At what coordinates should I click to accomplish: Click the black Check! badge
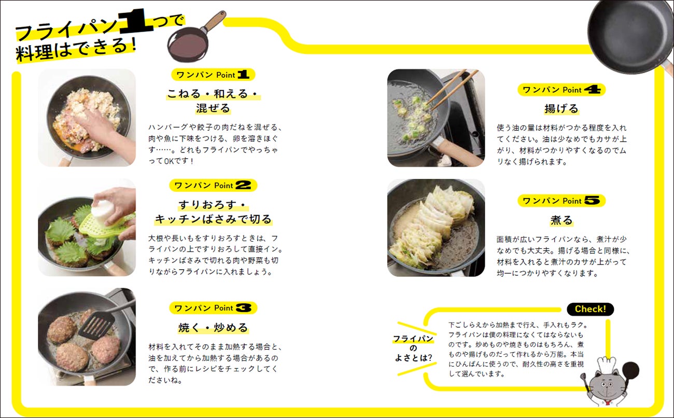click(590, 309)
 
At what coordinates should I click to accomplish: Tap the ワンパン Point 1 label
click(213, 75)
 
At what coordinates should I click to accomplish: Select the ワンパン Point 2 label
click(213, 185)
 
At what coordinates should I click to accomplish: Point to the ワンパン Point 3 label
click(213, 308)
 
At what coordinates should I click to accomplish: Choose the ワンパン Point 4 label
click(561, 90)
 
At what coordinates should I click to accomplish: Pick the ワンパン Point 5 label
click(561, 201)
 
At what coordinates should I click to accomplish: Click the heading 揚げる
click(561, 108)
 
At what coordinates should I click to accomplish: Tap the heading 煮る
click(561, 220)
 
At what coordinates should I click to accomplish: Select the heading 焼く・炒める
click(213, 327)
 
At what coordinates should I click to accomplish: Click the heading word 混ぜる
click(213, 108)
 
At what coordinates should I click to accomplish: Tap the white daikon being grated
click(102, 209)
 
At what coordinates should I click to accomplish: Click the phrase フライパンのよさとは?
click(413, 349)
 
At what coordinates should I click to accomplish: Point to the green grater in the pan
click(105, 227)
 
